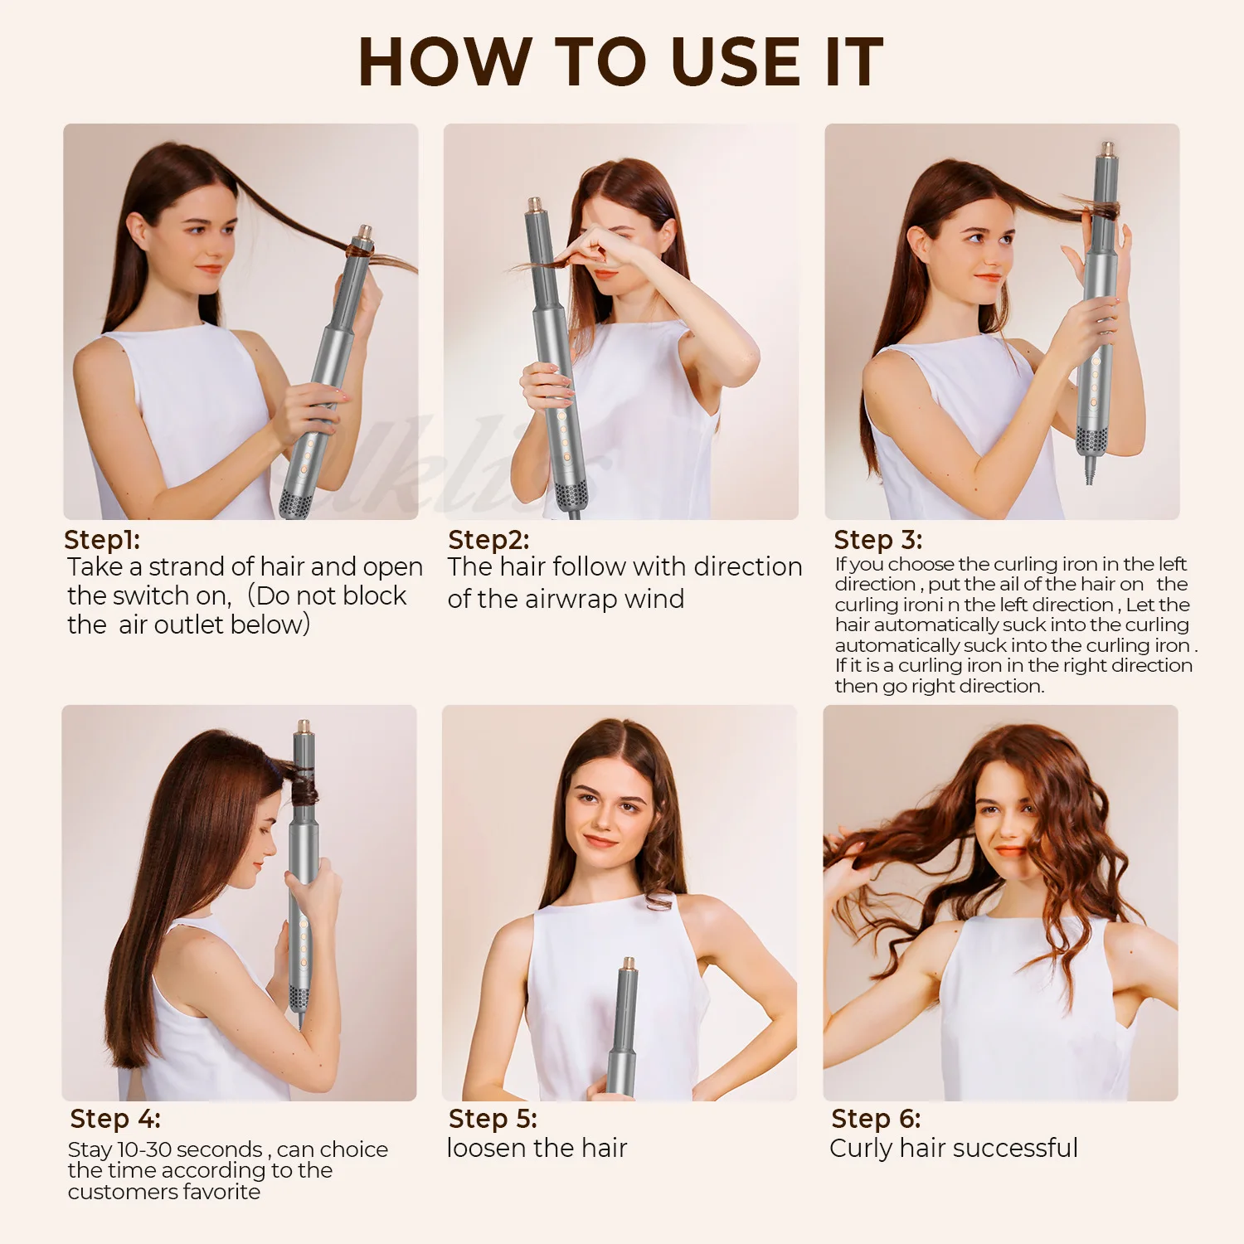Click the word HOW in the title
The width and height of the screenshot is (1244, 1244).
445,62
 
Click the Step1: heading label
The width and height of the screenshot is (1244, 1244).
102,540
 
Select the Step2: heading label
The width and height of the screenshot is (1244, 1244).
488,540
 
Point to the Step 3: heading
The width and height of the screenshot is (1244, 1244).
877,540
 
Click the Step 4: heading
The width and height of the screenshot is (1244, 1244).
115,1119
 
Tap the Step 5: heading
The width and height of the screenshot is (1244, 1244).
493,1119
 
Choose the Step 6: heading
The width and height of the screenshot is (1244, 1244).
876,1119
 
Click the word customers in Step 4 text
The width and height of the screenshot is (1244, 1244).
116,1192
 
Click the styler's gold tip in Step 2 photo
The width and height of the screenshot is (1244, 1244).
536,204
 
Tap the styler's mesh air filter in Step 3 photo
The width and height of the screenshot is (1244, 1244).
1091,440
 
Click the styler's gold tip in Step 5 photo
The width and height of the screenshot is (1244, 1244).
629,965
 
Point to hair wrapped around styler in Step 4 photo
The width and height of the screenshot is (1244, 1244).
303,784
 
